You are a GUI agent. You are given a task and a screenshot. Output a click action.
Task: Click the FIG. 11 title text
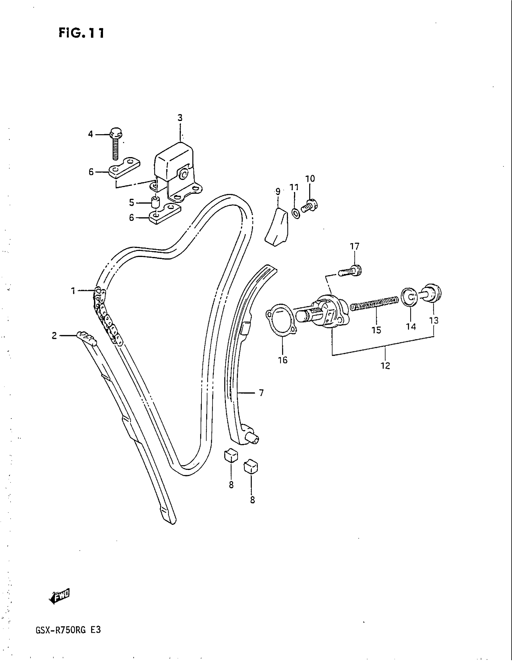click(x=81, y=33)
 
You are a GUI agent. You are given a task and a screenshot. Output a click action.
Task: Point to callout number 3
click(x=180, y=118)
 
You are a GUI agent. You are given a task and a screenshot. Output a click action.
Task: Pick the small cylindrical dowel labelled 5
click(x=155, y=202)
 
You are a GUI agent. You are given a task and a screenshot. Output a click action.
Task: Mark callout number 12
click(x=385, y=366)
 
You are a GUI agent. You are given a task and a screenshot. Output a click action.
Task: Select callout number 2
click(x=54, y=336)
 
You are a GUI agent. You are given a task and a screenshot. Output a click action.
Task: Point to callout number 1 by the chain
click(x=73, y=291)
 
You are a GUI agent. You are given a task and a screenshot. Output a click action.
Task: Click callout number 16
click(x=283, y=360)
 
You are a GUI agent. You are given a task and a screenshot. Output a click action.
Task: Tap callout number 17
click(x=354, y=246)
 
